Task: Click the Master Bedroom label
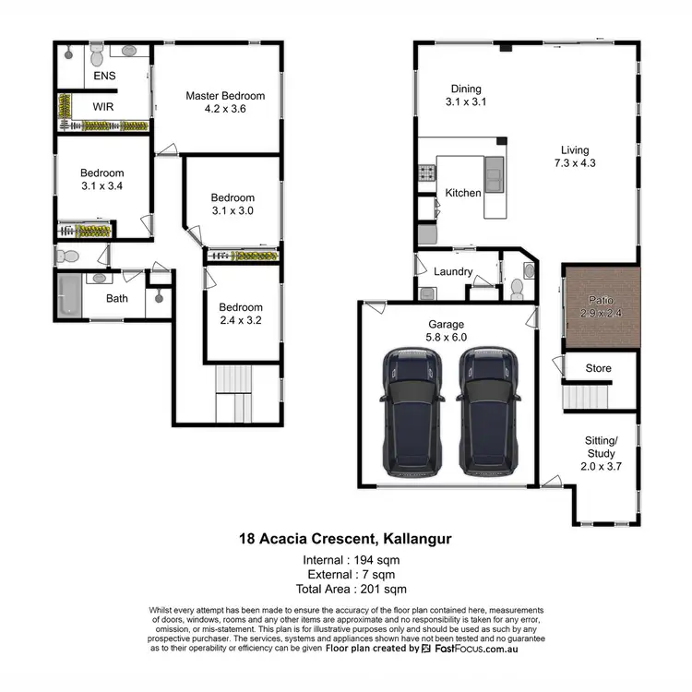tap(225, 96)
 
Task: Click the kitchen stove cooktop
tap(426, 173)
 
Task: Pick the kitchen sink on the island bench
tap(495, 172)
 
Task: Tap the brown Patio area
tap(601, 308)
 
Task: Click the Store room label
tap(599, 369)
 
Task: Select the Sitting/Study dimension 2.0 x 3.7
tap(600, 467)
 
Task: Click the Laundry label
tap(453, 272)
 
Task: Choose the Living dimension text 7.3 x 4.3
tap(574, 163)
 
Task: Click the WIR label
tap(103, 106)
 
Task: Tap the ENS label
tap(104, 76)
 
